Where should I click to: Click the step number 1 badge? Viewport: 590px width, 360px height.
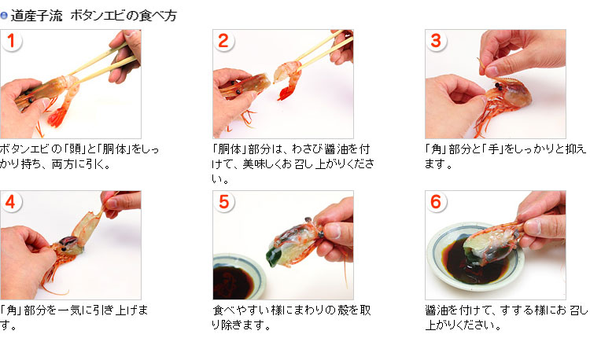(11, 41)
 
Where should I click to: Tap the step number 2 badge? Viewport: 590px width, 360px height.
(223, 41)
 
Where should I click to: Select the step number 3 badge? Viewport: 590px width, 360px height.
(436, 41)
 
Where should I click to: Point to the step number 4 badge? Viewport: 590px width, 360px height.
(11, 202)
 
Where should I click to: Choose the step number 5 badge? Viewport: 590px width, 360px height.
(223, 202)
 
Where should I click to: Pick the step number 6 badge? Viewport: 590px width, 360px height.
(436, 202)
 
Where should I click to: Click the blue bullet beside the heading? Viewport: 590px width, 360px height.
(4, 16)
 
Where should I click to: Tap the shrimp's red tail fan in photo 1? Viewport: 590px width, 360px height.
(57, 117)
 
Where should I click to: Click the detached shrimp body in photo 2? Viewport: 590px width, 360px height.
(288, 79)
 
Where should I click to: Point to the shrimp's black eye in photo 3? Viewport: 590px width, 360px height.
(499, 86)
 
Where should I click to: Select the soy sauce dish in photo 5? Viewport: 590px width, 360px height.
(237, 277)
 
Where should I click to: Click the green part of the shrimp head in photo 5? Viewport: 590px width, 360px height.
(272, 255)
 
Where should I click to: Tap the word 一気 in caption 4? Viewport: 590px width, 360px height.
(70, 310)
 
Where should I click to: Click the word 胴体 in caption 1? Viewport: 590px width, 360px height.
(114, 149)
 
